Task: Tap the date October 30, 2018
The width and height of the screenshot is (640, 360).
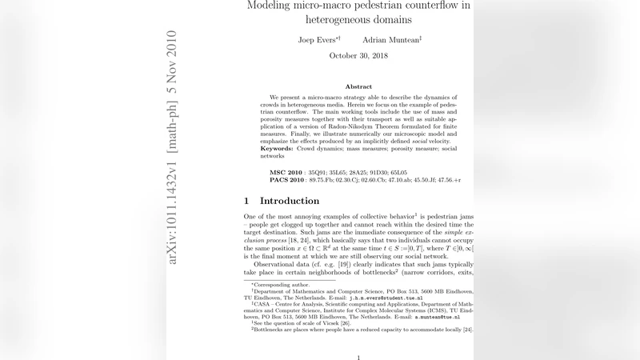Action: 358,55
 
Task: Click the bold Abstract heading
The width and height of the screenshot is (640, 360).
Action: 358,86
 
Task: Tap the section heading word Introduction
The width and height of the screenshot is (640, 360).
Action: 290,201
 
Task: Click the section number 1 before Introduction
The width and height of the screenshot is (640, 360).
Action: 247,201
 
